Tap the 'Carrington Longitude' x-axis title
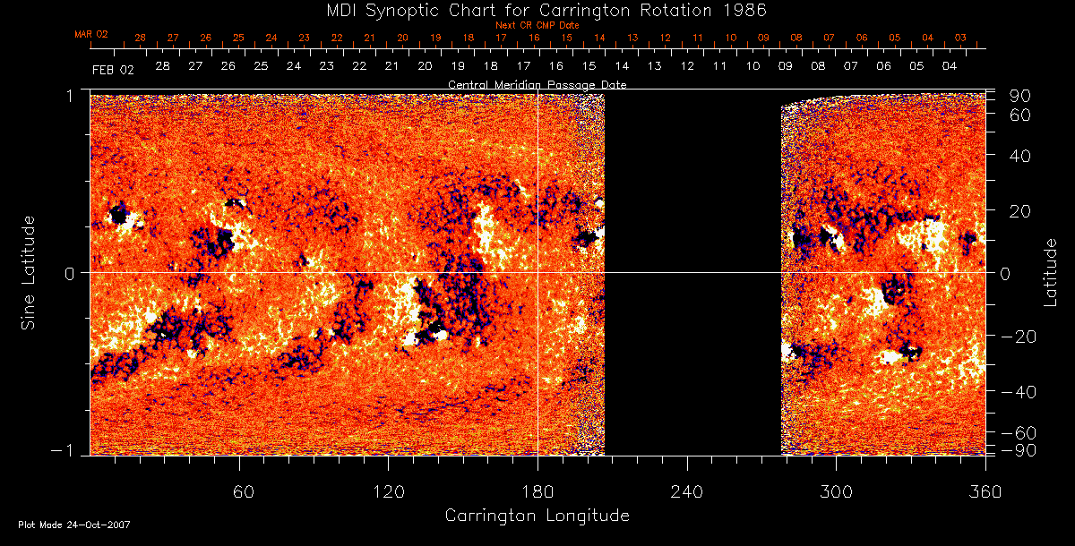[537, 516]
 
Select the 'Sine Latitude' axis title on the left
[29, 272]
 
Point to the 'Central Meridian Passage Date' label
[537, 84]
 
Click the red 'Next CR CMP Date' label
[537, 25]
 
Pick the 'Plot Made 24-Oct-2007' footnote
[74, 525]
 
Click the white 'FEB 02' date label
[112, 68]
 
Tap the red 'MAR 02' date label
[91, 34]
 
